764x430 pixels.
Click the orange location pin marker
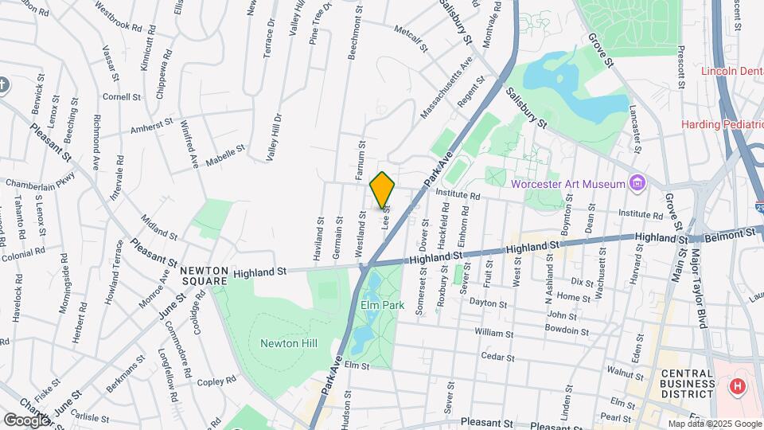pyautogui.click(x=383, y=190)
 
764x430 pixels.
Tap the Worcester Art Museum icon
pyautogui.click(x=637, y=184)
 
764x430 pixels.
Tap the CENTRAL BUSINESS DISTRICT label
pyautogui.click(x=687, y=382)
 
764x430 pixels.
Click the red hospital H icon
pyautogui.click(x=738, y=387)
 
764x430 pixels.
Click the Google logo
pyautogui.click(x=26, y=420)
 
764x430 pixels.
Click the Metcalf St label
pyautogui.click(x=412, y=38)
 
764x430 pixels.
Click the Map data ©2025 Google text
pyautogui.click(x=714, y=424)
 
